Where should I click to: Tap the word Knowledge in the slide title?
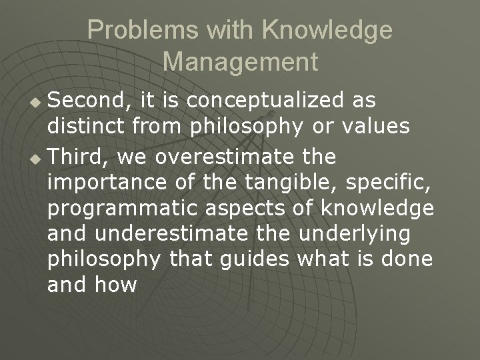327,30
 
